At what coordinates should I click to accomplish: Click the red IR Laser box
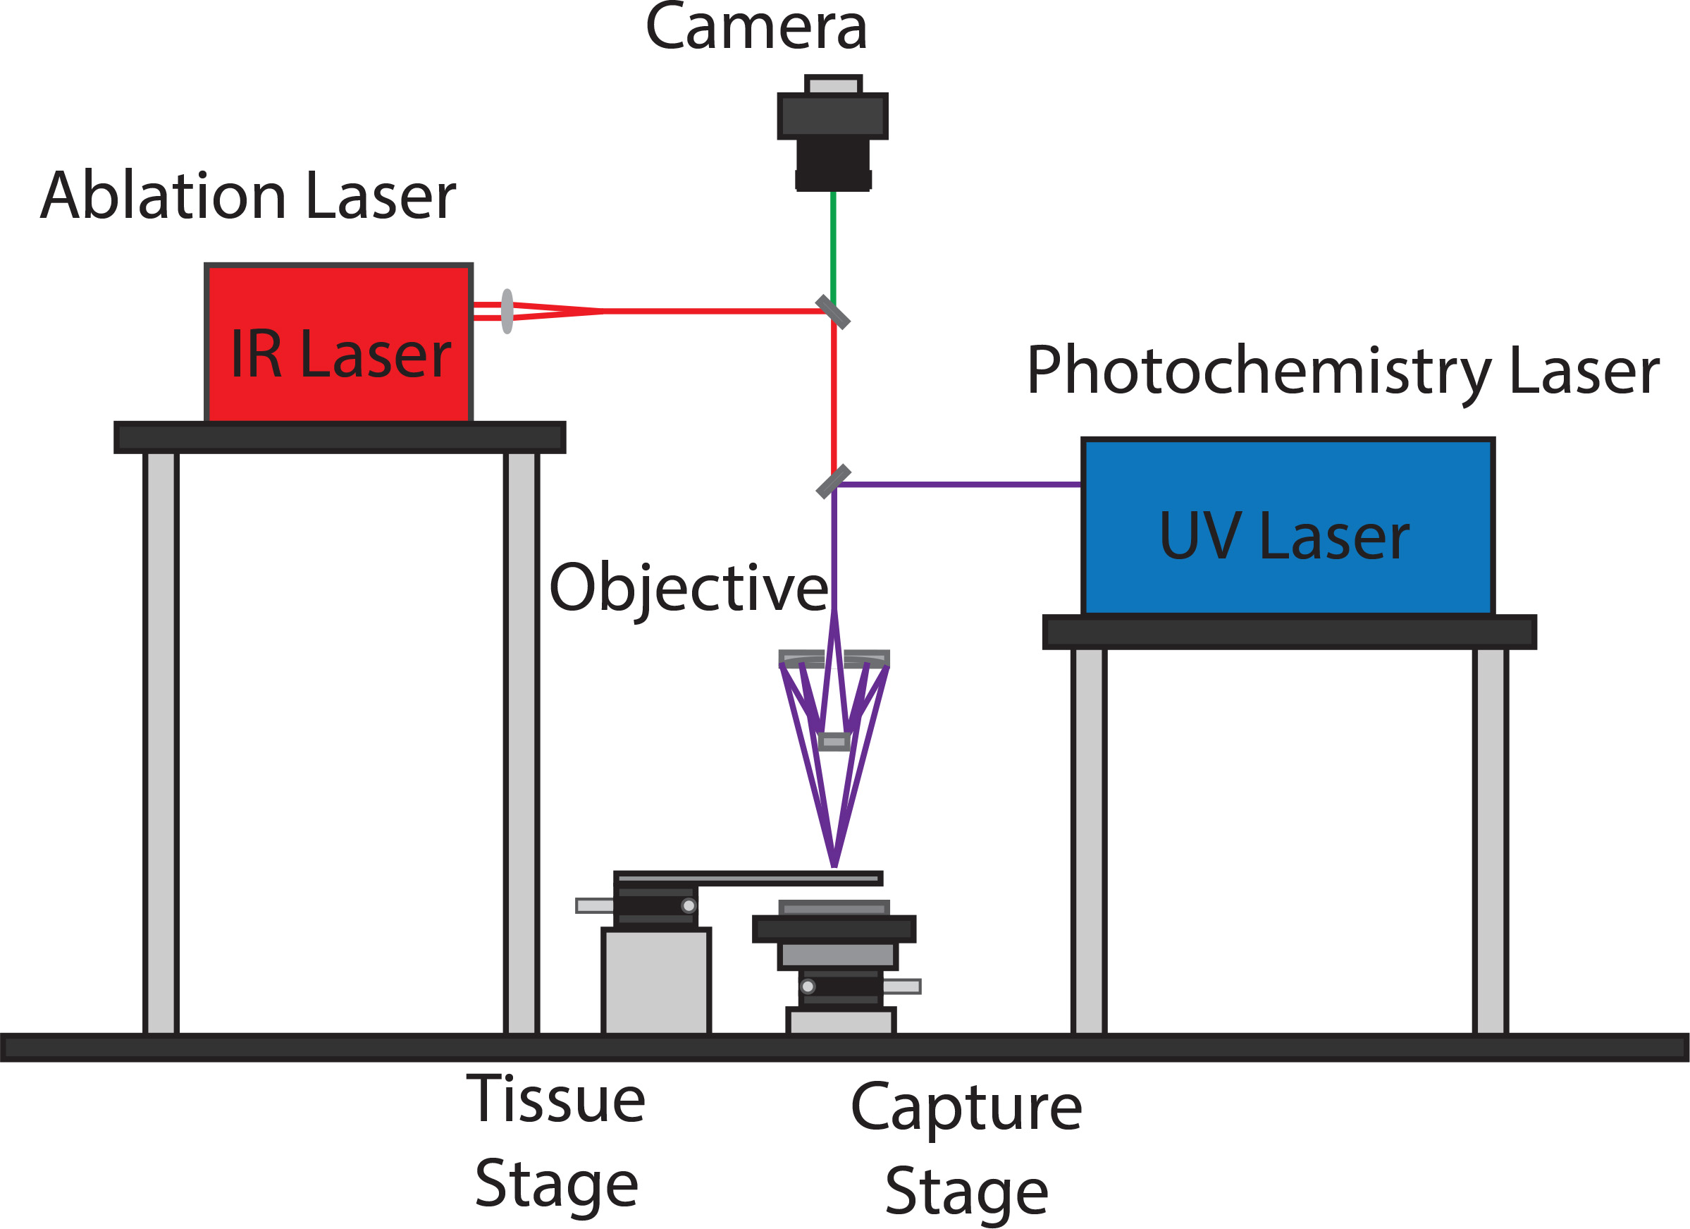(x=338, y=343)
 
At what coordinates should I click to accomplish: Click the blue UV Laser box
(x=1288, y=527)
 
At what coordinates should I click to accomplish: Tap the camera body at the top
(x=832, y=134)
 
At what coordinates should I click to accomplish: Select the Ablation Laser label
(x=247, y=195)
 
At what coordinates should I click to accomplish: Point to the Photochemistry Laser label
(x=1343, y=370)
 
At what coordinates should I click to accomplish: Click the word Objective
(x=688, y=589)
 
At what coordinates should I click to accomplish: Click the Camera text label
(x=755, y=28)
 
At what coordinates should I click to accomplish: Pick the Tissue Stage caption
(x=556, y=1142)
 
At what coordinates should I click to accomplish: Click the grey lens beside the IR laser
(x=507, y=312)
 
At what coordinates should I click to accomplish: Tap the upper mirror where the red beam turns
(x=833, y=312)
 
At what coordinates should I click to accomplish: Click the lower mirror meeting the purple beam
(x=833, y=482)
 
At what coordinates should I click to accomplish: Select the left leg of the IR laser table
(x=161, y=742)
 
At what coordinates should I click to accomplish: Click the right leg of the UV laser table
(x=1491, y=840)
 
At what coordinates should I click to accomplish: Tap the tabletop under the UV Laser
(x=1289, y=632)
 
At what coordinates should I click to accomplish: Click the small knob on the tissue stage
(x=689, y=905)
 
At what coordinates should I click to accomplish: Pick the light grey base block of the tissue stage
(x=655, y=982)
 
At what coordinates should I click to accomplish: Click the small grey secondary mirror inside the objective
(x=834, y=742)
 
